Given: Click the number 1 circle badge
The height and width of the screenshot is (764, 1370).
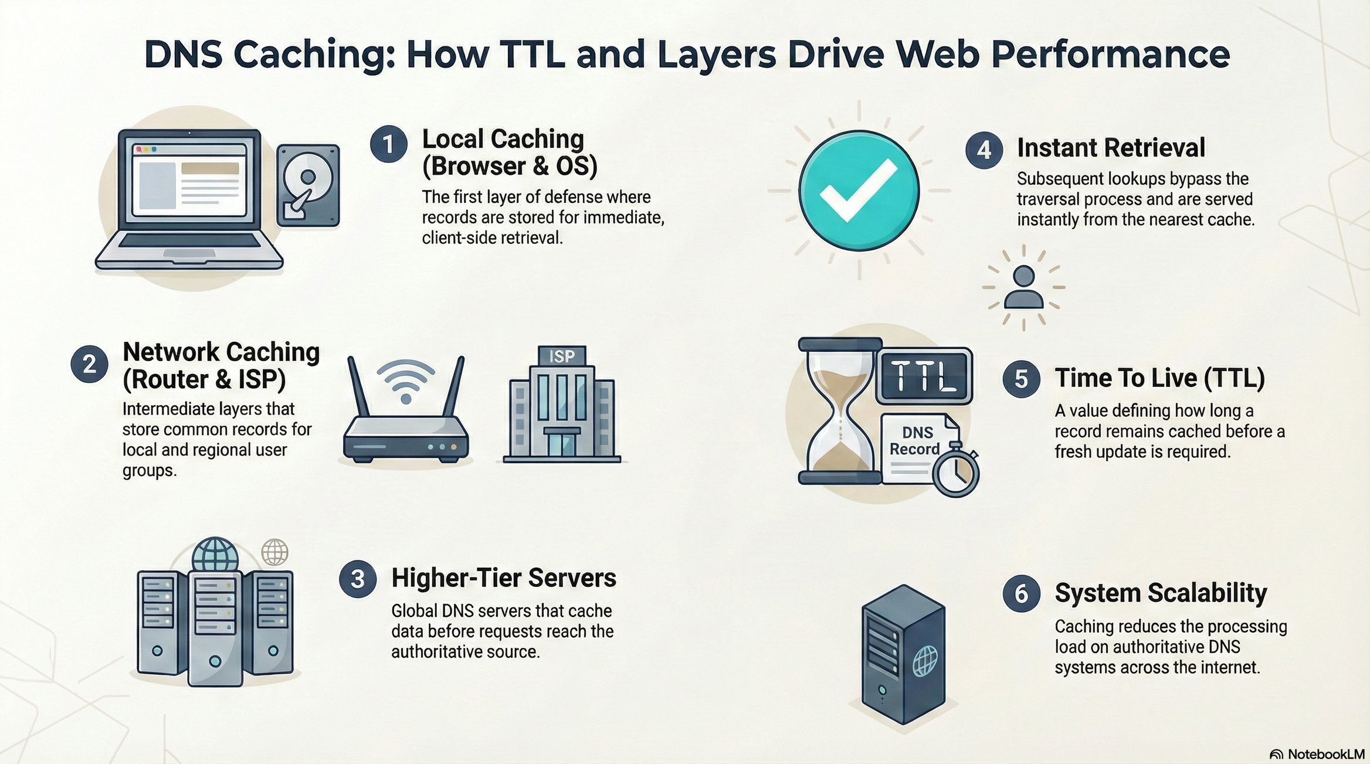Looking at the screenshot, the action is (388, 144).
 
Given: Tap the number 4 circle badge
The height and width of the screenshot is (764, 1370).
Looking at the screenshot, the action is (984, 151).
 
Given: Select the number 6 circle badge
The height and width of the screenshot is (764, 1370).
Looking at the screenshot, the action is (1021, 594).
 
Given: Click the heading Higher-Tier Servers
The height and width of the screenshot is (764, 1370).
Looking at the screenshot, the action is (504, 578).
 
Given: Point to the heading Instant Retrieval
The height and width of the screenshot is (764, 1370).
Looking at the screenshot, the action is (1111, 148).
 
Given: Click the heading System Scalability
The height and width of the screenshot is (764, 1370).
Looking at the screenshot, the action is (1161, 593).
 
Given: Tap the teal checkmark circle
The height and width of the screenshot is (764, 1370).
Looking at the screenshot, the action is (859, 191).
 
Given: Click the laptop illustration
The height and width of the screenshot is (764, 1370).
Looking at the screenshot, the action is (189, 199).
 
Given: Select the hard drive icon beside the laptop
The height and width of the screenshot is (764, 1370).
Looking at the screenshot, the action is (308, 185).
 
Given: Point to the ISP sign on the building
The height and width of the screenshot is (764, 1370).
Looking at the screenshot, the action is (561, 355).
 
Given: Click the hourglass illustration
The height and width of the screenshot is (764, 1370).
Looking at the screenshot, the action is (839, 410).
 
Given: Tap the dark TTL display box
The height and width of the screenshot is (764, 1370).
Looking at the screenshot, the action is (924, 375).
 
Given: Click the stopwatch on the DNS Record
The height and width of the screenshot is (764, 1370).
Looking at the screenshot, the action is (956, 472).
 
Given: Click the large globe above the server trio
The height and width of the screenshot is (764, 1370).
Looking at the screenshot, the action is (215, 554).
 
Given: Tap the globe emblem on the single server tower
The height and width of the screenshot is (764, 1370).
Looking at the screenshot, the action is (925, 661).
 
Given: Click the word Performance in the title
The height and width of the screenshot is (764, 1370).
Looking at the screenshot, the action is (1110, 55).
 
